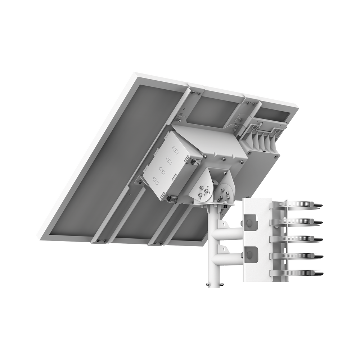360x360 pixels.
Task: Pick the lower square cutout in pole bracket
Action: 250,253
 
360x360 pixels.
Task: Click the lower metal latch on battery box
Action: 169,198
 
